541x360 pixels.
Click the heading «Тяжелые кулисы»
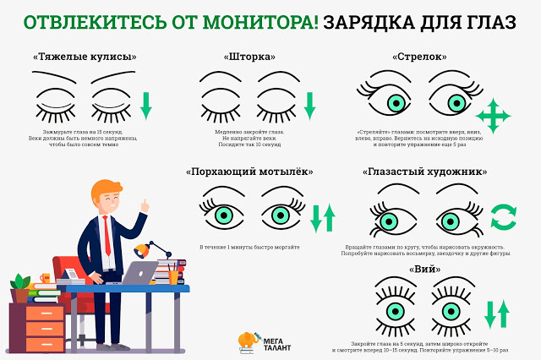click(84, 57)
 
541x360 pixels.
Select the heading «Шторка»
click(250, 57)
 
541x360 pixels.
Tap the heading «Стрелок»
click(420, 57)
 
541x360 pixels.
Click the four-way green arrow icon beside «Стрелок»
click(494, 115)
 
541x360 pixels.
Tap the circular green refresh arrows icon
click(505, 216)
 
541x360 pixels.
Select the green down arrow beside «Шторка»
click(309, 105)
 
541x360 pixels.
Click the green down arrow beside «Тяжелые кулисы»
click(145, 105)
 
